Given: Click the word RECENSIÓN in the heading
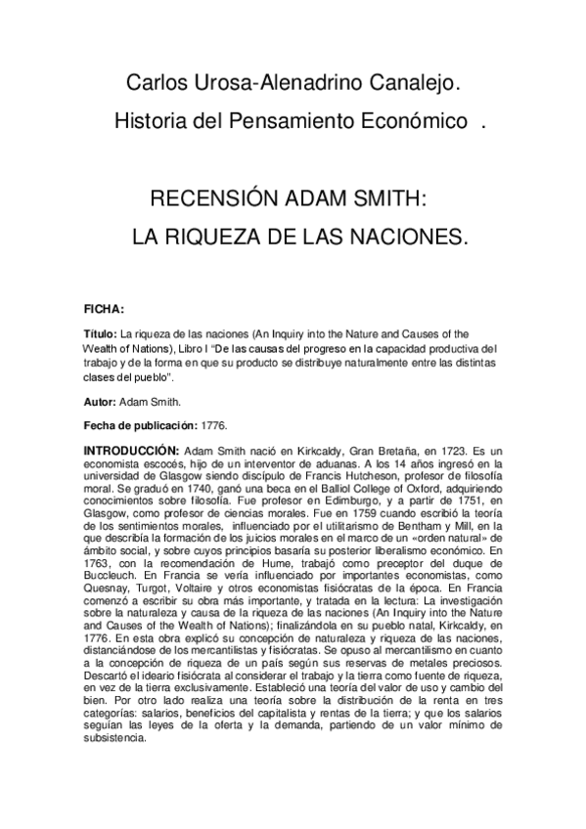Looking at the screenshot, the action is [209, 200].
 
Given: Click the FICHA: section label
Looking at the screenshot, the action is [104, 308].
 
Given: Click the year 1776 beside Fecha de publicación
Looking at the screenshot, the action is [212, 423].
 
